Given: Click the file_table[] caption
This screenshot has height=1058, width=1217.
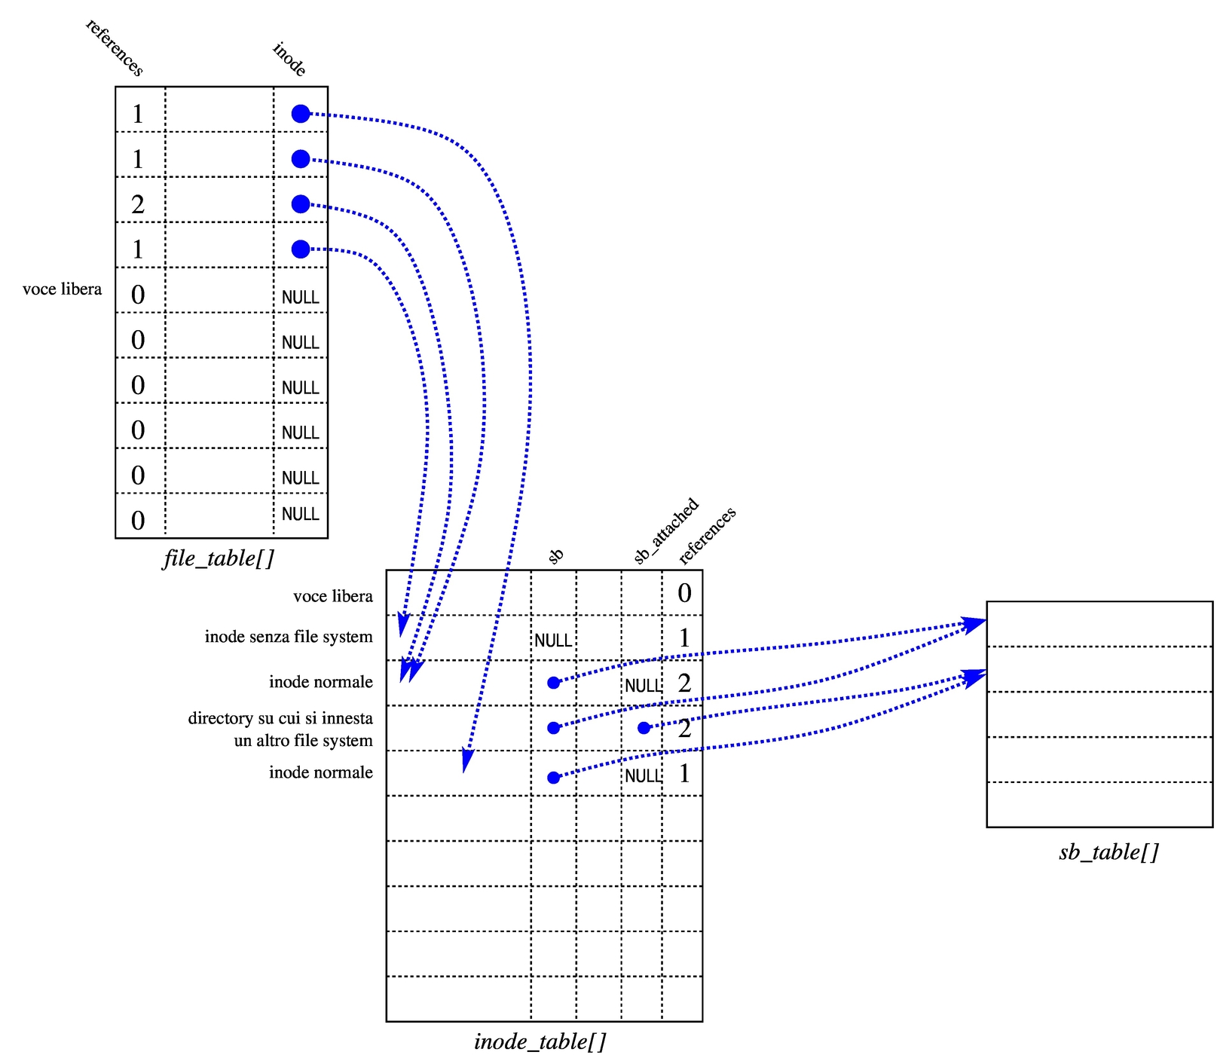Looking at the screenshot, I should click(219, 558).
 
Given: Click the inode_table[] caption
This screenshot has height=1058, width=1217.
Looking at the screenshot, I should click(540, 1041).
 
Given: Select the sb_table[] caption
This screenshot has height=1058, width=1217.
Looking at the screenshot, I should click(1108, 852).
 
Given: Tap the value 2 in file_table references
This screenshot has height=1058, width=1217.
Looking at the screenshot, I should click(138, 204).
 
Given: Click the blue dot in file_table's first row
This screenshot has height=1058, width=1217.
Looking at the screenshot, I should click(301, 114).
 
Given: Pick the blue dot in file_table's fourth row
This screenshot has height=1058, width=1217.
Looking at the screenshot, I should click(301, 249).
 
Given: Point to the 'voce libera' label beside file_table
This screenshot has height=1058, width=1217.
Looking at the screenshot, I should click(62, 289).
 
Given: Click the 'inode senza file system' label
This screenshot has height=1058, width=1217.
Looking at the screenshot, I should click(289, 637).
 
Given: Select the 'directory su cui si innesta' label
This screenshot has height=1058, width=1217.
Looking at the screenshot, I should click(280, 718).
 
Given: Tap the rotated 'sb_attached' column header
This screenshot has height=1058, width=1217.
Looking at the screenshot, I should click(666, 531).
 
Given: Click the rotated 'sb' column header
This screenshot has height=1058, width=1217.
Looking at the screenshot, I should click(555, 556).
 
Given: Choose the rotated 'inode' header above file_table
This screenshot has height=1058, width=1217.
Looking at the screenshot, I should click(289, 60).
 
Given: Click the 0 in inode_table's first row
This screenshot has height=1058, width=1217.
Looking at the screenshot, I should click(684, 593).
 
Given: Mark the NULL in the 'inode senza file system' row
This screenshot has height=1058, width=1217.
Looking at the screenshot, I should click(553, 641).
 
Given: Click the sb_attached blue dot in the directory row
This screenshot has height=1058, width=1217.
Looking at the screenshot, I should click(644, 728).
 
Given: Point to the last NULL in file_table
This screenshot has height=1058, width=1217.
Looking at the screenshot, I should click(300, 514).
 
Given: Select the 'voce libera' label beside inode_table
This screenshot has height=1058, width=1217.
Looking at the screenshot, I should click(333, 596).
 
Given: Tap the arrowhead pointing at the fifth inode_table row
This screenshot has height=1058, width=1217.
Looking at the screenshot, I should click(466, 763).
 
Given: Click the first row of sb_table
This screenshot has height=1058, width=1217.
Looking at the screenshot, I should click(1099, 624).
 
